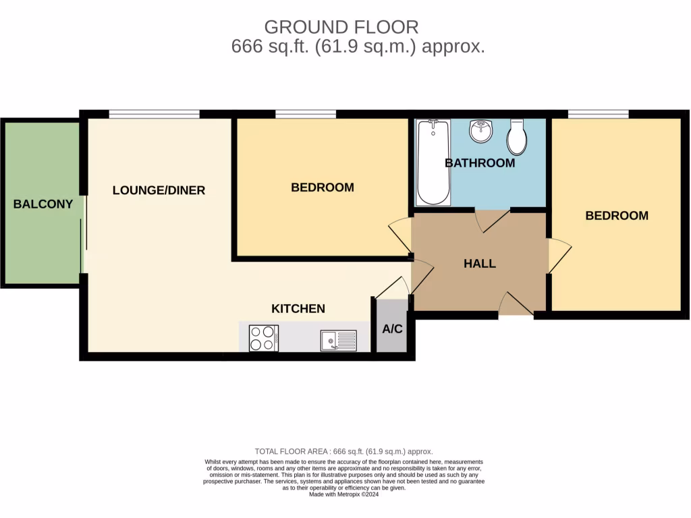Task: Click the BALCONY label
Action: click(x=43, y=204)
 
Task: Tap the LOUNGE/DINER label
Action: click(x=159, y=190)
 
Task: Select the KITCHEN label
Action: click(x=298, y=308)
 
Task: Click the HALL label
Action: click(x=480, y=264)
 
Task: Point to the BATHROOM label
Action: click(x=480, y=163)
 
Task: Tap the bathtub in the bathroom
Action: click(x=433, y=162)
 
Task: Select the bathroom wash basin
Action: click(x=481, y=132)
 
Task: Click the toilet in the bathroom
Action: click(x=517, y=137)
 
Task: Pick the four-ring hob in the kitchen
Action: click(x=264, y=337)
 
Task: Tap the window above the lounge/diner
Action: click(x=154, y=114)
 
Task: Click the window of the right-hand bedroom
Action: click(x=599, y=114)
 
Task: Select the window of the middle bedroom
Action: click(x=306, y=114)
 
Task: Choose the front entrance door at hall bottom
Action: click(x=516, y=305)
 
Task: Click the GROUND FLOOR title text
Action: click(x=341, y=27)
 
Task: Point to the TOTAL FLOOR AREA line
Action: click(x=343, y=451)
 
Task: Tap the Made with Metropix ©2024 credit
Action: click(x=344, y=494)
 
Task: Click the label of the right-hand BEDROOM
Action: click(x=617, y=216)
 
